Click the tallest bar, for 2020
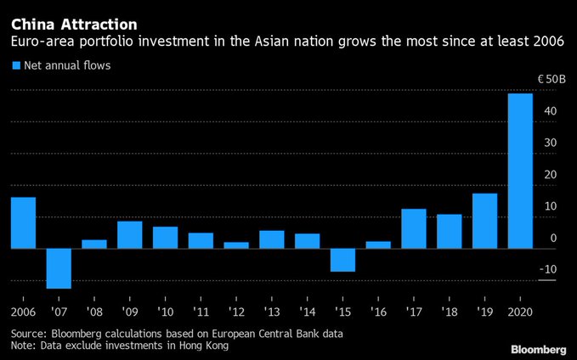click(x=520, y=171)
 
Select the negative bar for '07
click(x=59, y=268)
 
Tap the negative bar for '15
click(x=342, y=260)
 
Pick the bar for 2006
click(x=23, y=222)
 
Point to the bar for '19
click(x=484, y=221)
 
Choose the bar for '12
click(x=236, y=245)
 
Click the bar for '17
click(x=413, y=228)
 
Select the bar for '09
click(x=130, y=234)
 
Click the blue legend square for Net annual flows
click(x=16, y=65)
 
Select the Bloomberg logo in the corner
click(x=538, y=348)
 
